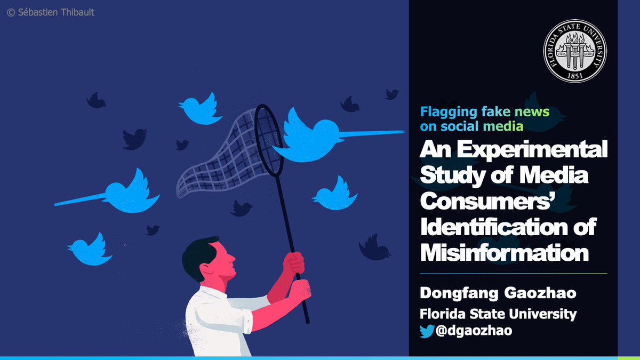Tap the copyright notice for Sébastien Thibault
click(51, 12)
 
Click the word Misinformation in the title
click(504, 252)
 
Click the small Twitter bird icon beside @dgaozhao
click(427, 331)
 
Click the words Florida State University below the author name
click(498, 313)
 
